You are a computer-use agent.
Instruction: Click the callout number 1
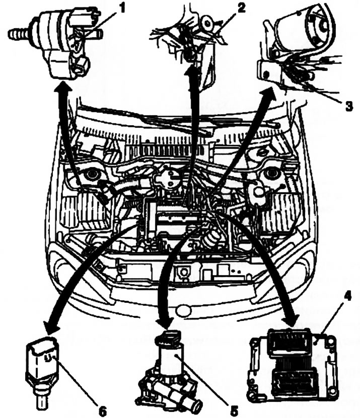click(121, 8)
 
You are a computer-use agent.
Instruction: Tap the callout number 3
click(348, 106)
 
